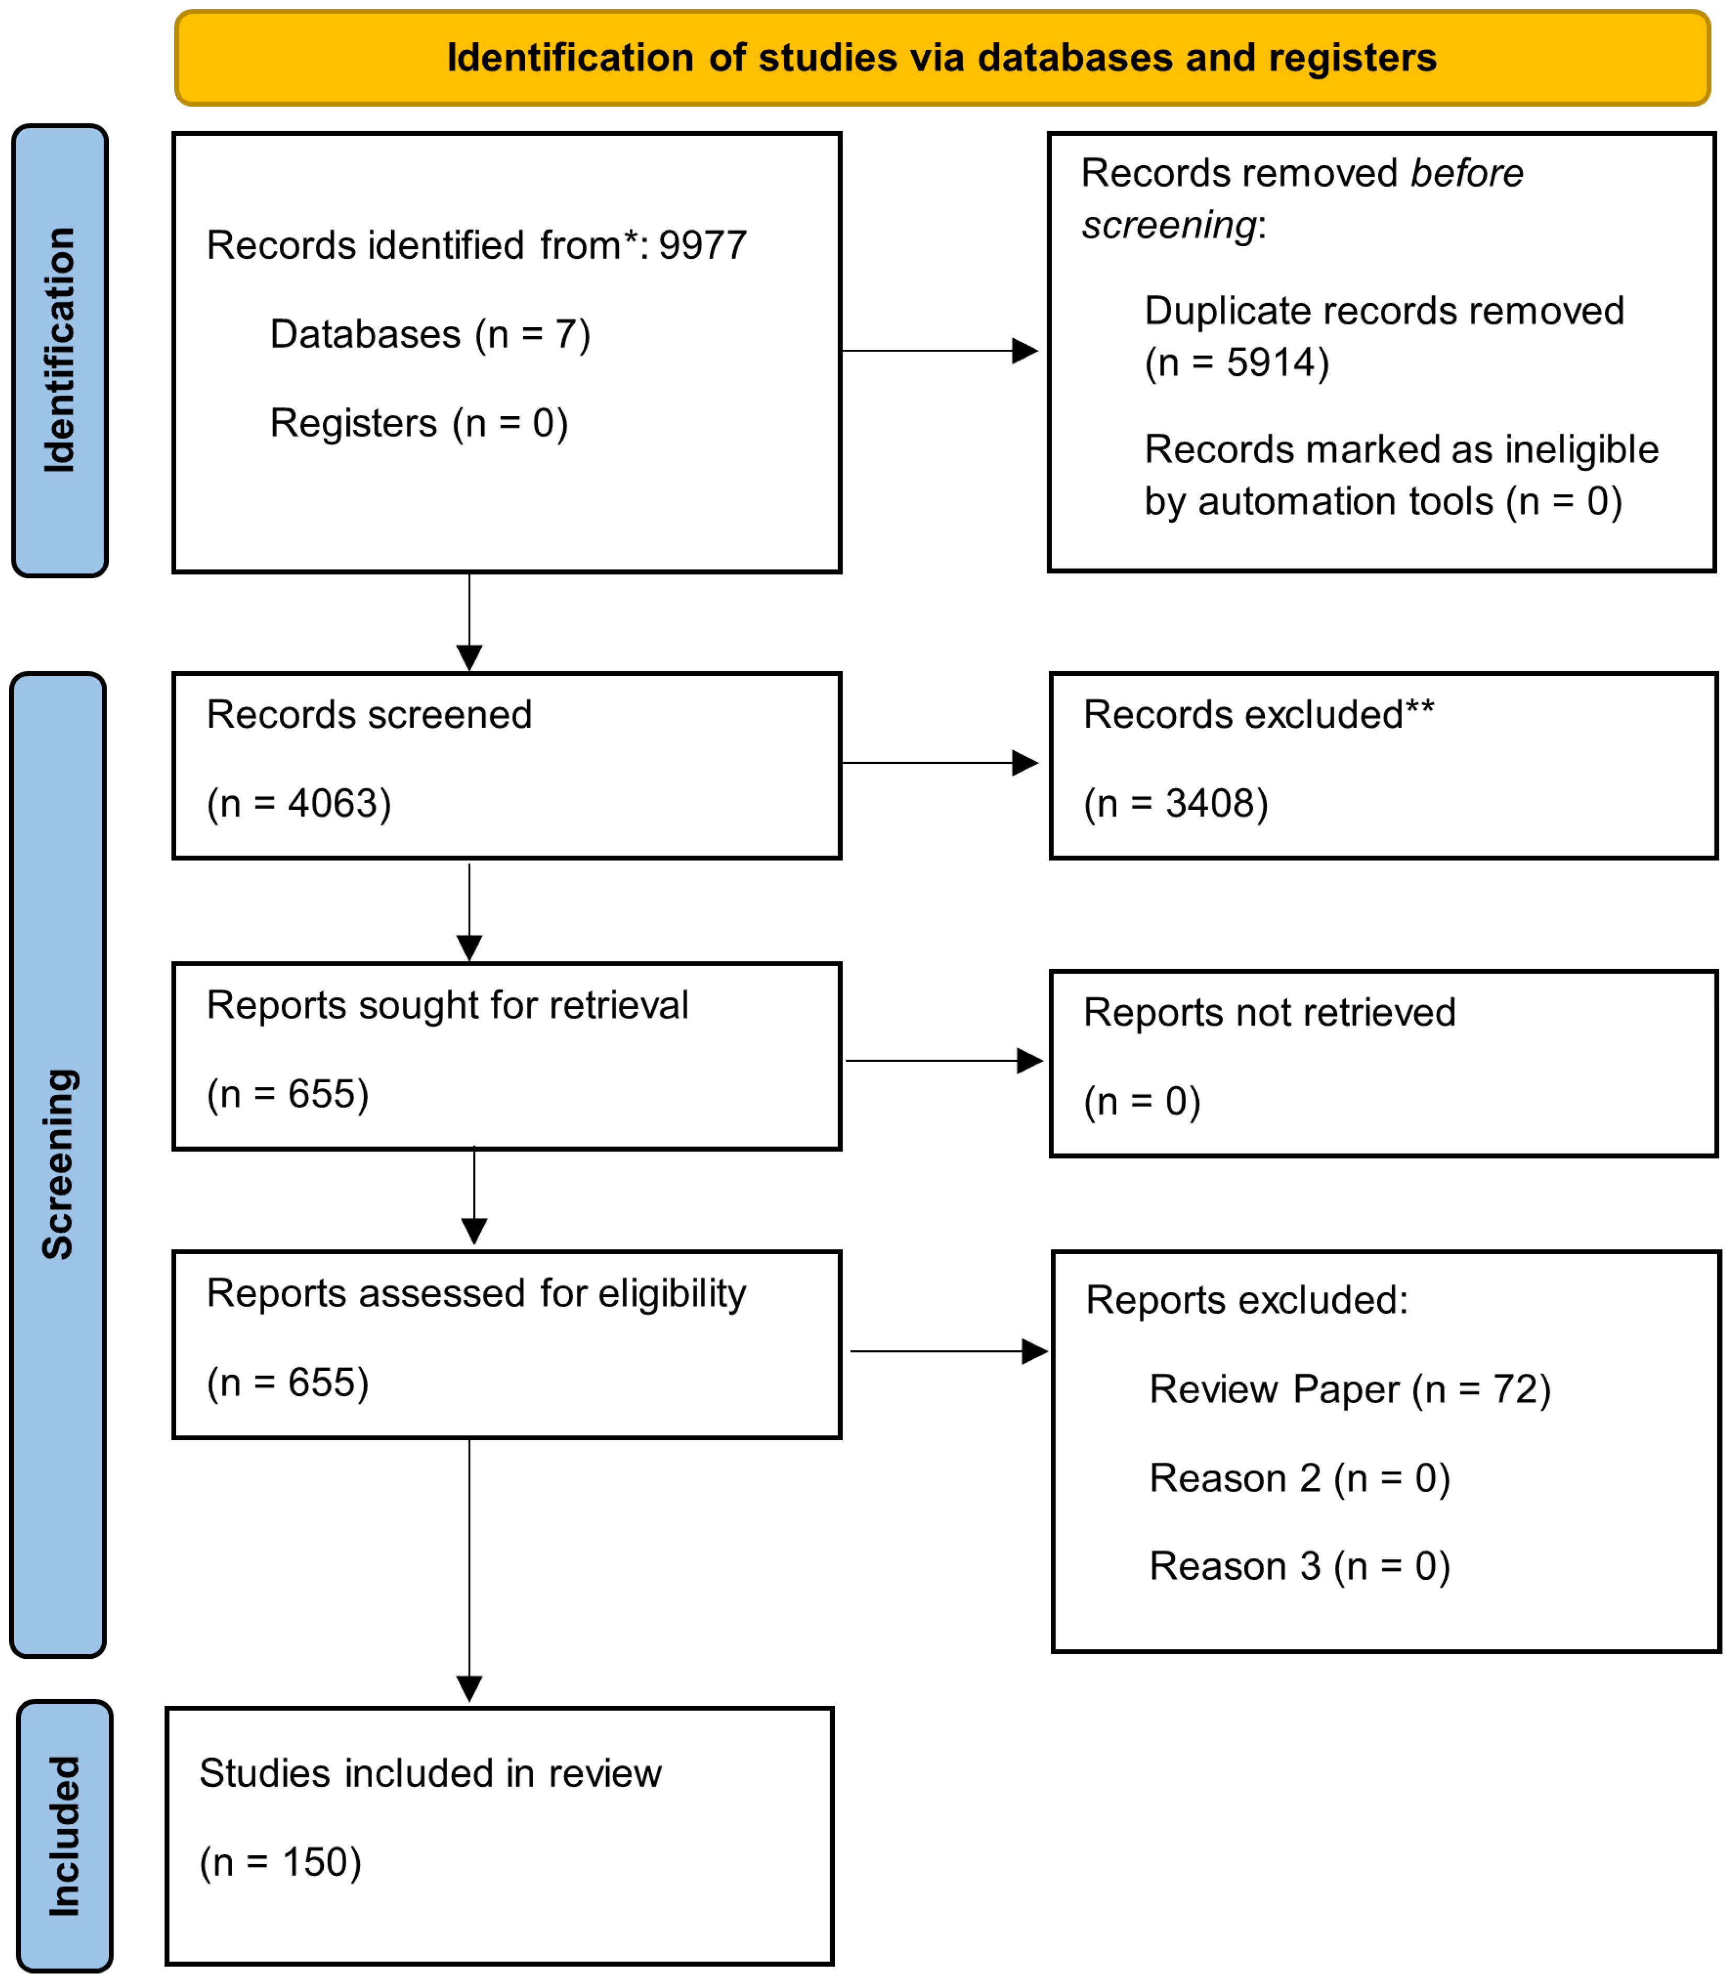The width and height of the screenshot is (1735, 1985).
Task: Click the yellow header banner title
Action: (x=941, y=58)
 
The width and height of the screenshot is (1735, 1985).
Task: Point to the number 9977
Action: (x=703, y=246)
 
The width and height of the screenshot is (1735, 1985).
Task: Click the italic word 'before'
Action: (x=1467, y=173)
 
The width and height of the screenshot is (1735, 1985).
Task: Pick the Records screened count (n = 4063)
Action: (x=299, y=804)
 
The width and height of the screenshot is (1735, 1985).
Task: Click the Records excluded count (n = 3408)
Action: (x=1175, y=804)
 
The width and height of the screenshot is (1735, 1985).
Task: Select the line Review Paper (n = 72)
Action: (x=1350, y=1390)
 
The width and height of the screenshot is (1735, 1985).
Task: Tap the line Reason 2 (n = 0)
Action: (x=1299, y=1479)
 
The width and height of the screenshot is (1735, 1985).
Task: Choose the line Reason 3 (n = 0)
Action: (x=1299, y=1567)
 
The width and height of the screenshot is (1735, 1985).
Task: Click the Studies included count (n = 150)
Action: (x=280, y=1863)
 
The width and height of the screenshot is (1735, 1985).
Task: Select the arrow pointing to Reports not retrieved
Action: (x=944, y=1061)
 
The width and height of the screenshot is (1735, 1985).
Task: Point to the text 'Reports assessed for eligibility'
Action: (x=477, y=1294)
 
